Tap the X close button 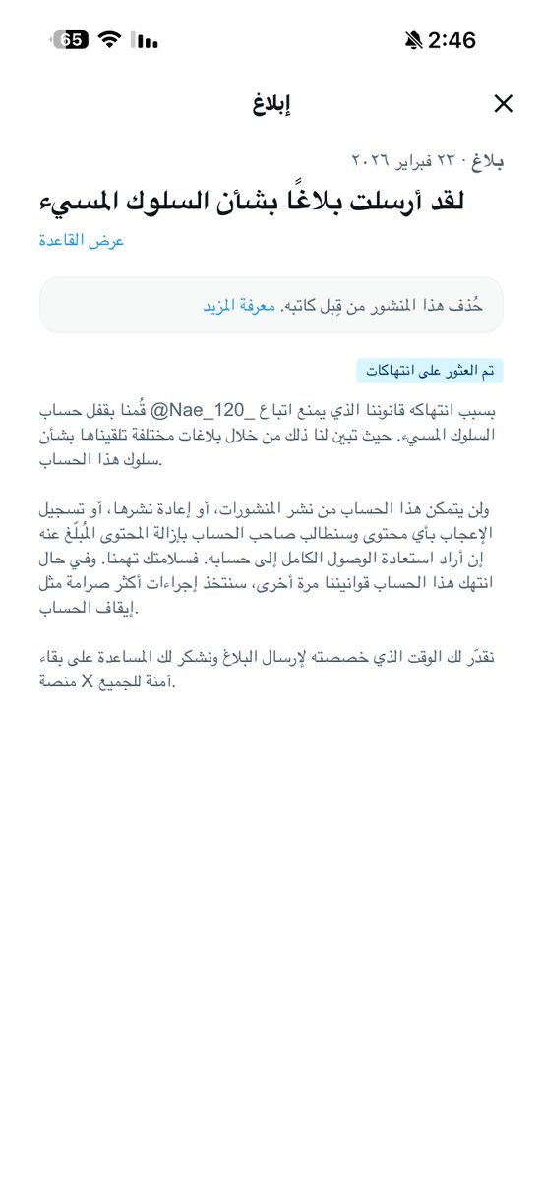[x=503, y=103]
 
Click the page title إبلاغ [x=271, y=103]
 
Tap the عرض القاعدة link [x=82, y=241]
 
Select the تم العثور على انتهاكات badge [x=430, y=371]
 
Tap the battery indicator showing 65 [x=72, y=40]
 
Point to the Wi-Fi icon [x=109, y=40]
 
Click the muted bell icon [x=413, y=40]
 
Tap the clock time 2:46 [x=452, y=40]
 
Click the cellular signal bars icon [x=147, y=41]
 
